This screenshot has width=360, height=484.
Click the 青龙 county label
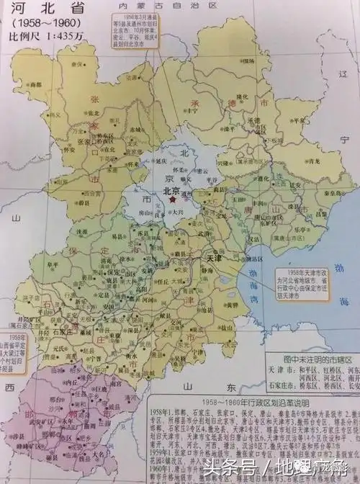click(x=310, y=163)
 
